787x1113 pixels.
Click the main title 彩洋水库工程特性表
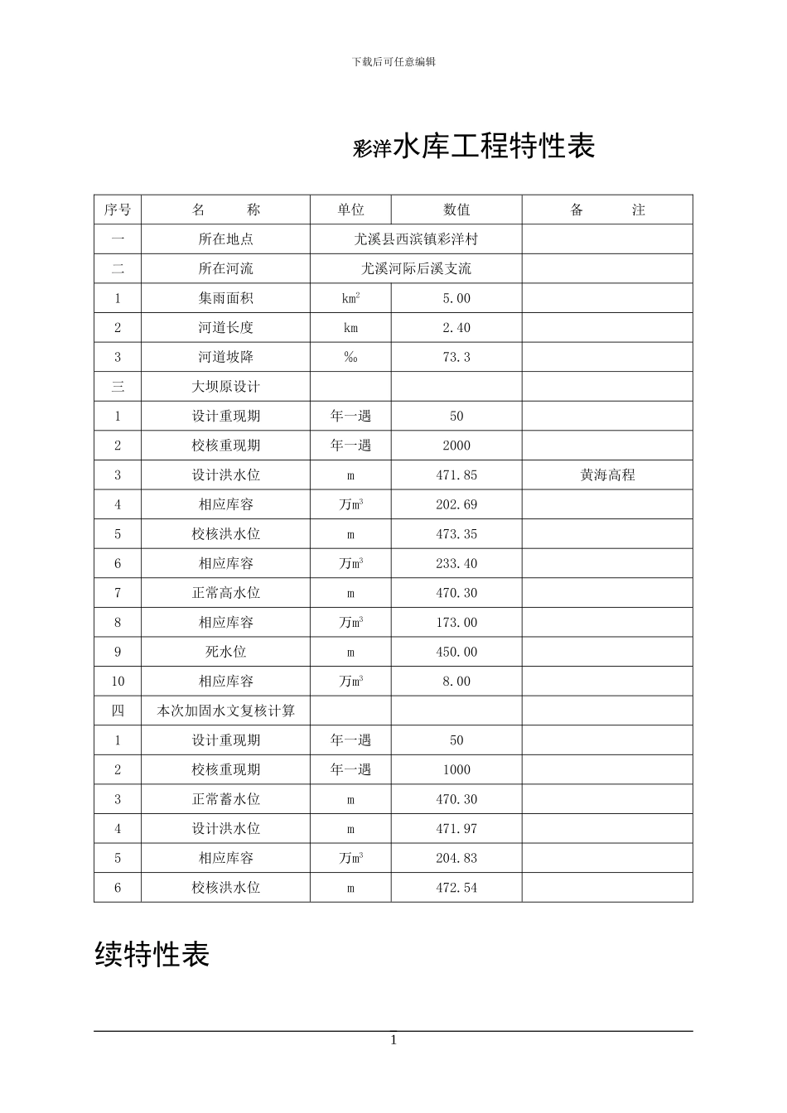click(474, 147)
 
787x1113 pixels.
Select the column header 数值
click(456, 210)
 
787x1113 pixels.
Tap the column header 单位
click(350, 210)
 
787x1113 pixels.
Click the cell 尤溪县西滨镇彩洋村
click(416, 239)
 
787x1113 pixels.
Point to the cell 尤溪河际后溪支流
click(416, 269)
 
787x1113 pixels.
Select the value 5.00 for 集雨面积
click(456, 298)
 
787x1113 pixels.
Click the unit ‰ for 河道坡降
click(350, 358)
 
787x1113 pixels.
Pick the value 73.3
click(456, 358)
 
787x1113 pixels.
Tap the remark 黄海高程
click(607, 475)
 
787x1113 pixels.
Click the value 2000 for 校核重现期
click(456, 446)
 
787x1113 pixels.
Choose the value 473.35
click(456, 534)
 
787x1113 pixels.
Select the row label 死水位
click(225, 652)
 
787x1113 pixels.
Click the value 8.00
click(456, 682)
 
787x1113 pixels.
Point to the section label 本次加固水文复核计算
click(225, 711)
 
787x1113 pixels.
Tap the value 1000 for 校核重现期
click(456, 769)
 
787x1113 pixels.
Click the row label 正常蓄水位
click(225, 799)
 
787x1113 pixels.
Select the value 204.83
click(456, 858)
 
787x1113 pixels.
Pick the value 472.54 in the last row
click(456, 888)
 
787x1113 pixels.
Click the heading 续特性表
click(152, 954)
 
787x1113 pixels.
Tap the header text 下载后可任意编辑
click(393, 61)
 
